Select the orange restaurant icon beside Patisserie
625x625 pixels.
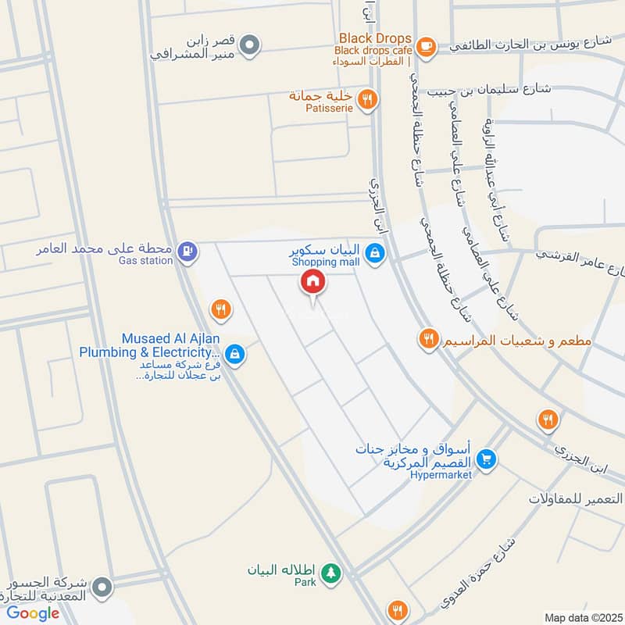[367, 98]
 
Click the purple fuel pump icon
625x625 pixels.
[187, 251]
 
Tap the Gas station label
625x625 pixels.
[145, 261]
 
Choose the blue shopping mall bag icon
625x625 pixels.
[376, 253]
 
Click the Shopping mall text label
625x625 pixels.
[326, 262]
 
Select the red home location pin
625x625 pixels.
[313, 283]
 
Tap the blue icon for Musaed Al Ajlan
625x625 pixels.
[235, 355]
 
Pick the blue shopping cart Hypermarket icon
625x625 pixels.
[487, 459]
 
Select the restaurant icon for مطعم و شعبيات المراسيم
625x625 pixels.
[427, 338]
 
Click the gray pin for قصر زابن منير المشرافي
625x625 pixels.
[249, 45]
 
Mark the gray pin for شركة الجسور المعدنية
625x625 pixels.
[102, 585]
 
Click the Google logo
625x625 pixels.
[34, 613]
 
